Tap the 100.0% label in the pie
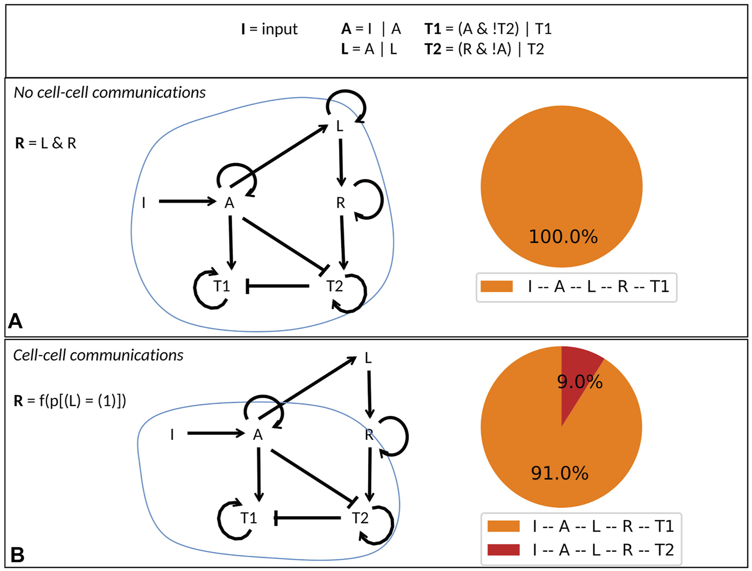click(x=563, y=237)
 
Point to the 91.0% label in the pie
click(x=559, y=473)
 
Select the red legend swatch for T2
click(x=503, y=550)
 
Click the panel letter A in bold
click(x=15, y=321)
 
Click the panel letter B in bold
click(x=17, y=555)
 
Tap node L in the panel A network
click(x=340, y=126)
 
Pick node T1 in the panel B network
click(x=248, y=518)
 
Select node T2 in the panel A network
click(x=334, y=286)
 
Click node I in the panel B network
click(x=172, y=435)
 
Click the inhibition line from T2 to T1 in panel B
click(x=307, y=518)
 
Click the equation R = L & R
click(x=46, y=143)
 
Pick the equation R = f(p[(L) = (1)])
click(x=70, y=401)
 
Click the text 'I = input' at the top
click(x=269, y=29)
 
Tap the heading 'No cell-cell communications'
click(x=110, y=93)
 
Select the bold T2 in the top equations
click(x=432, y=49)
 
